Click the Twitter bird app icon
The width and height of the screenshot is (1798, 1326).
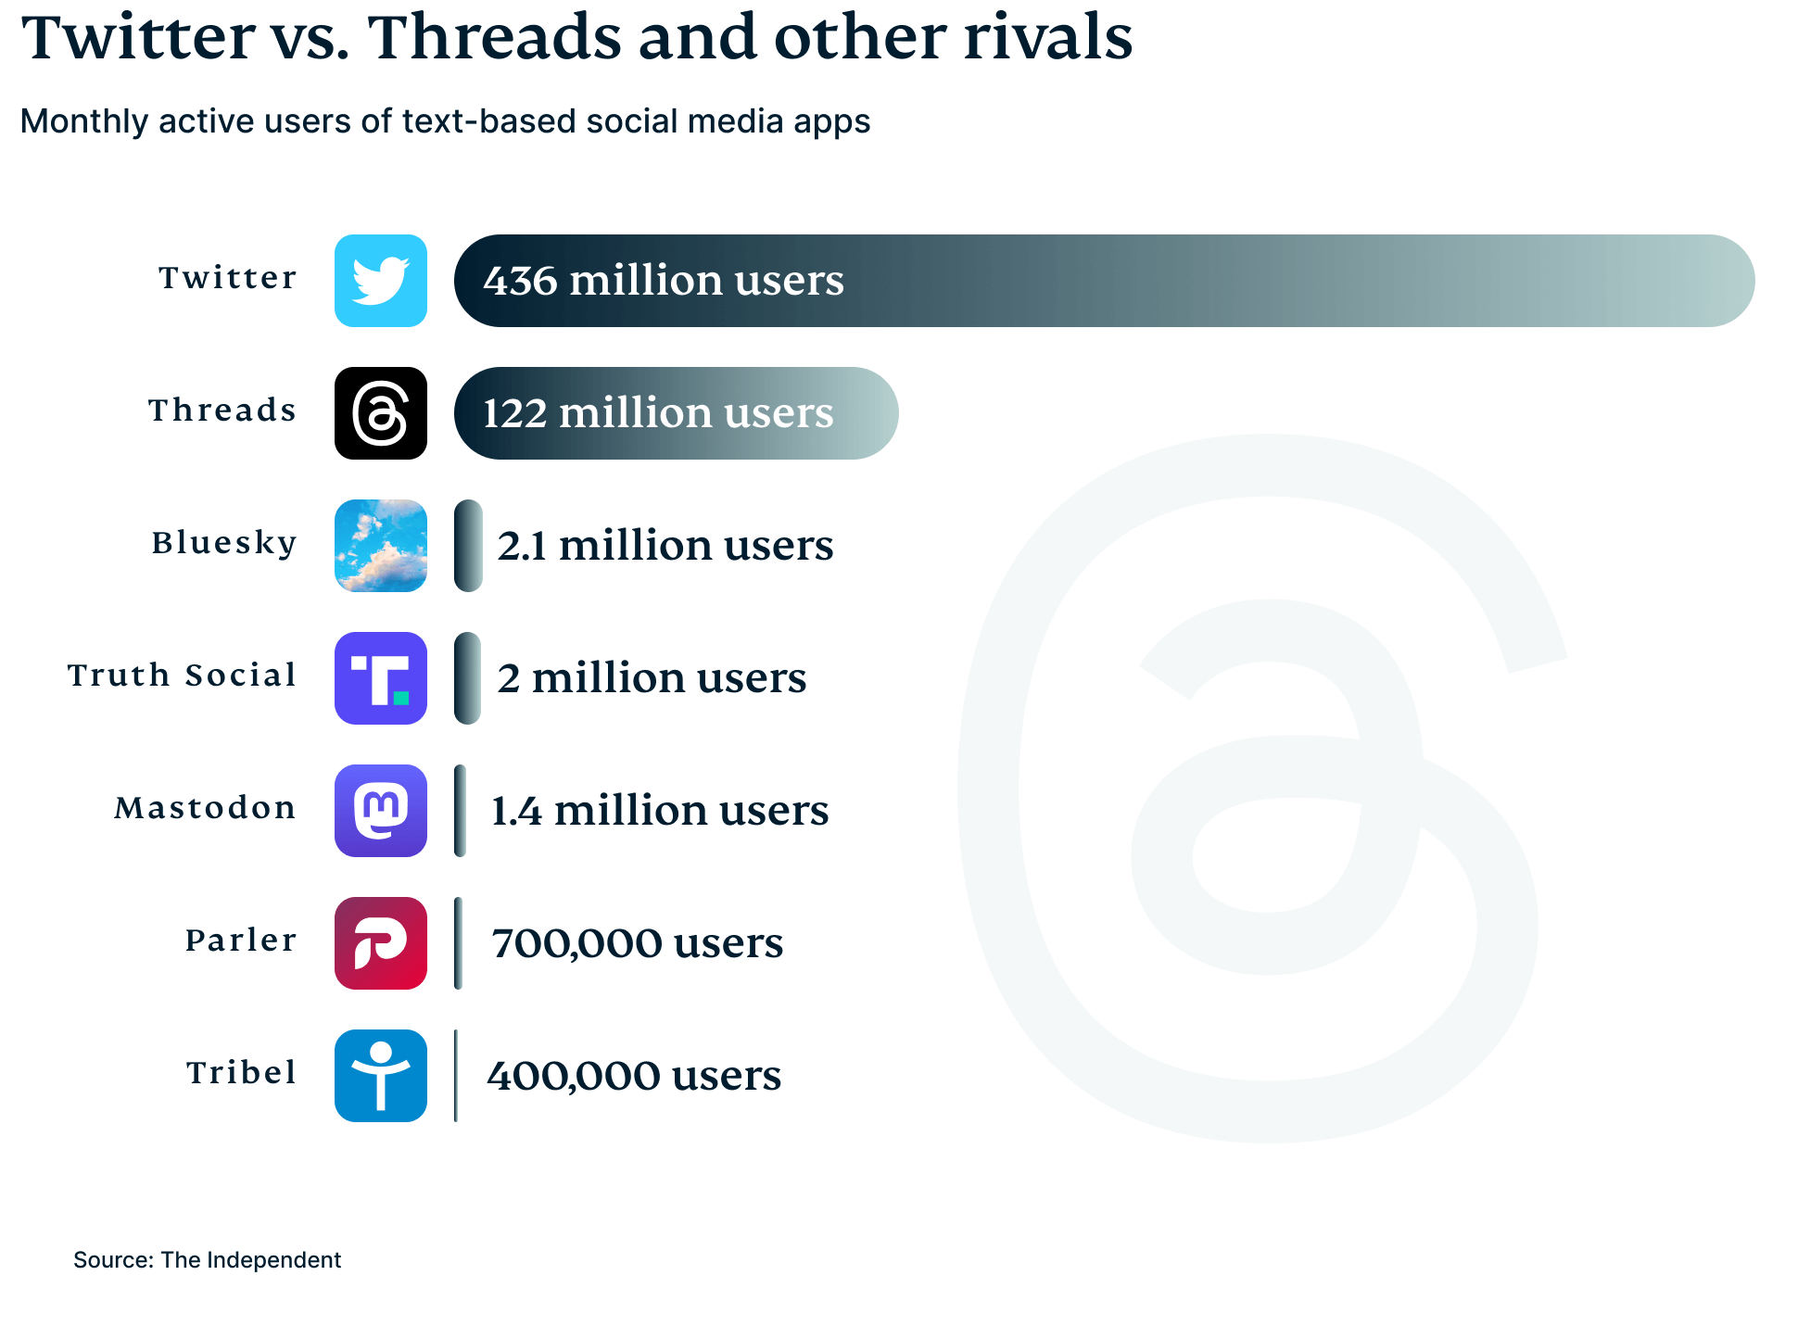380,281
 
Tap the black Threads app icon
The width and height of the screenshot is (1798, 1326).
380,413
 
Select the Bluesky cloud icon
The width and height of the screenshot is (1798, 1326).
380,546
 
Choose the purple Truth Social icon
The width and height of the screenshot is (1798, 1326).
380,678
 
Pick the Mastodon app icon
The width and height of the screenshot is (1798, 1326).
380,811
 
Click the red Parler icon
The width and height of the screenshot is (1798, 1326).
380,943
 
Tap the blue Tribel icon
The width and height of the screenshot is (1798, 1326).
380,1076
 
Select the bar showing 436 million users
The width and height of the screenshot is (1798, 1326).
1103,281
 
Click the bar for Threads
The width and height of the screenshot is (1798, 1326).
676,413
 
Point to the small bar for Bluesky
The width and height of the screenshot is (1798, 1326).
468,546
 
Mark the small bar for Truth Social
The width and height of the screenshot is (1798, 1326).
467,678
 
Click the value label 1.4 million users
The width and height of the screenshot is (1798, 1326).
659,811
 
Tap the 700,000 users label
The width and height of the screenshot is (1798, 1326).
637,943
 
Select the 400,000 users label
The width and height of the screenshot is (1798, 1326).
634,1076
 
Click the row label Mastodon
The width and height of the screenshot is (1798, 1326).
205,808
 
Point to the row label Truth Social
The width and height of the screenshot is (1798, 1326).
182,676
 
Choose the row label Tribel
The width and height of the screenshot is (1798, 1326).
241,1073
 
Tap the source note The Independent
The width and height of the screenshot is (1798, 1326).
250,1260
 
